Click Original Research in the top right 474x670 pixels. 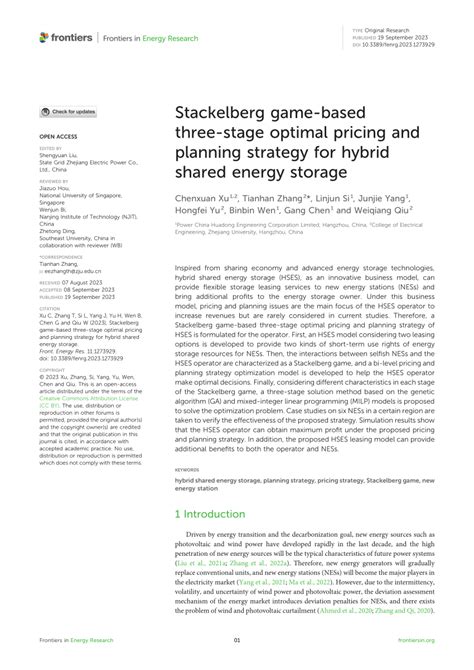point(394,31)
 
